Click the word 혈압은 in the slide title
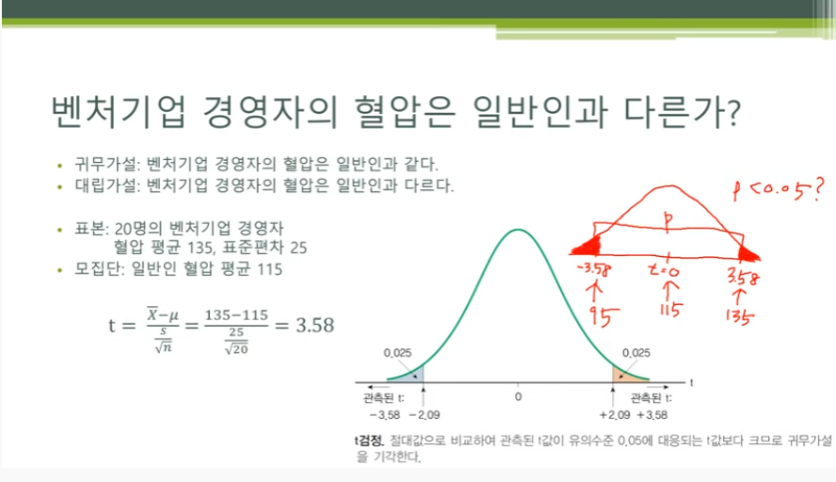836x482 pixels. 405,112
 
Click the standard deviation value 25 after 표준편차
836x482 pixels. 298,248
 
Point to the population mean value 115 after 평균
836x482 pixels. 270,268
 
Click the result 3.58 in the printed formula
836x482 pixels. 315,325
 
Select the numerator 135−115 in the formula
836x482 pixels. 236,315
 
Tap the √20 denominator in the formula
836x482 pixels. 236,348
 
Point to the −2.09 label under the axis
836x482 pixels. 425,415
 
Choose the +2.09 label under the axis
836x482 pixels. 615,415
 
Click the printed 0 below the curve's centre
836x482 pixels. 518,396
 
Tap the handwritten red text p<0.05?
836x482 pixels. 779,190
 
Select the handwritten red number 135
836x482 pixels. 739,315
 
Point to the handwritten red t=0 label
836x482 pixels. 665,271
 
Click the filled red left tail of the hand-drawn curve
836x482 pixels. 588,247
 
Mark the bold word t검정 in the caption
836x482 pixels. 369,441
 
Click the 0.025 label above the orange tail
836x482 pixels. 636,353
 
